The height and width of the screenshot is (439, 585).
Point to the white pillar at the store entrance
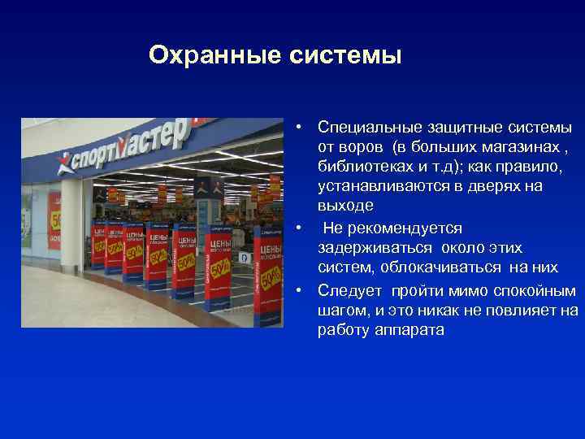(71, 228)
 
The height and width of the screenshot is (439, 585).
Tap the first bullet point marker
(300, 127)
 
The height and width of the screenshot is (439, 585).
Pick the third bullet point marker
(300, 289)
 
